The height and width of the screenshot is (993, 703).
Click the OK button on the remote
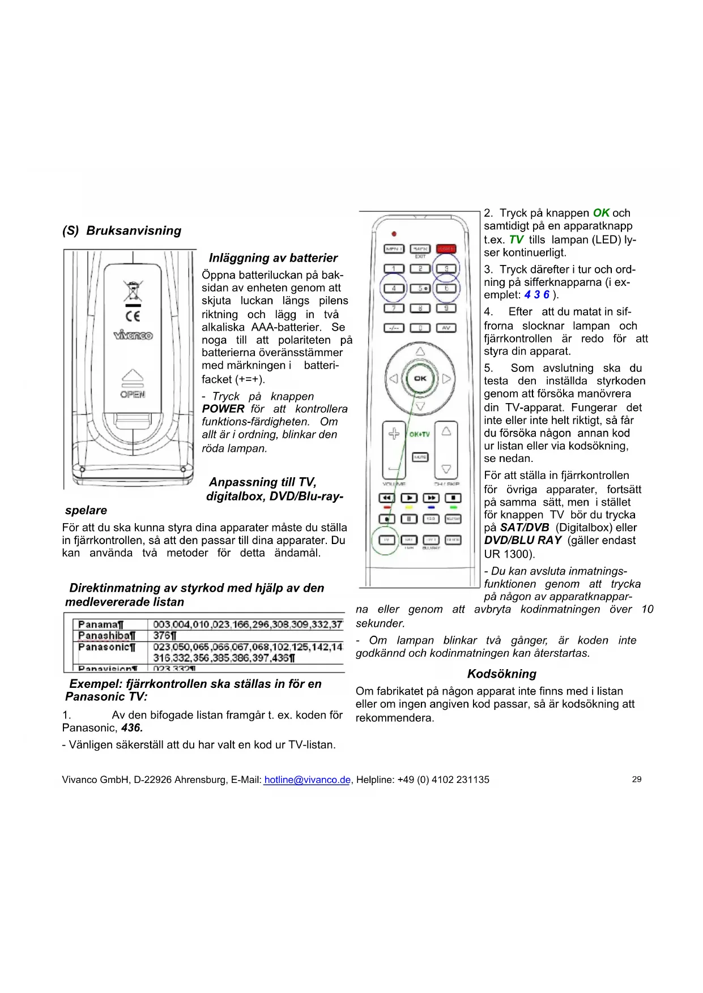(420, 379)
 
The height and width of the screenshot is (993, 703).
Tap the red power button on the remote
(446, 249)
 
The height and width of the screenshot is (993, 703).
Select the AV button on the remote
(446, 328)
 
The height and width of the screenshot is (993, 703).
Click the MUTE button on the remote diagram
(420, 457)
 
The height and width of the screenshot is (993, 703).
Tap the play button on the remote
(408, 498)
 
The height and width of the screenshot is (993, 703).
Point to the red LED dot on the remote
(394, 234)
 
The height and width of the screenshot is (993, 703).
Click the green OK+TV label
(419, 434)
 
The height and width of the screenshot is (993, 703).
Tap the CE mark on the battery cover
(133, 315)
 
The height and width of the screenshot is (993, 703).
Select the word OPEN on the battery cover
(133, 394)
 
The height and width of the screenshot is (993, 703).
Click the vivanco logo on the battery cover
(133, 335)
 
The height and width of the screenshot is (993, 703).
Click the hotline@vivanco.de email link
(307, 780)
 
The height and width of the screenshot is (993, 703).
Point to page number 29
(637, 780)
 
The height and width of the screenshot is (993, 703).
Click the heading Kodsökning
(501, 674)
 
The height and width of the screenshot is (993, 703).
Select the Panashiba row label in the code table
(106, 635)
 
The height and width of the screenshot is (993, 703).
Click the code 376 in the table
(164, 635)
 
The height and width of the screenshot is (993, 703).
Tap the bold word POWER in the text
(223, 409)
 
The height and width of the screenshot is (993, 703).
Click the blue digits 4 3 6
(536, 294)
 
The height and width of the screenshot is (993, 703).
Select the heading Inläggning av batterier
(273, 258)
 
